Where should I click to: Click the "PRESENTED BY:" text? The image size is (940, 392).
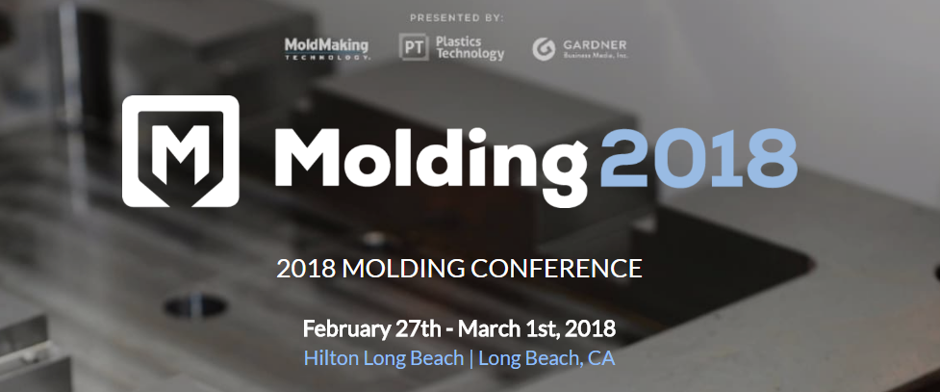[x=457, y=18]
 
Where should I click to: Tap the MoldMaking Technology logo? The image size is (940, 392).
[x=327, y=48]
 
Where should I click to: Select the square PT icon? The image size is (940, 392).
[x=414, y=47]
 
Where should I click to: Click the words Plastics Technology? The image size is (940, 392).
[x=470, y=47]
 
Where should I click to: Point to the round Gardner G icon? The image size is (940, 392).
[x=544, y=49]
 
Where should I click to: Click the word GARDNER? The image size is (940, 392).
[x=595, y=45]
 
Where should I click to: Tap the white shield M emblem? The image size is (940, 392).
[x=181, y=150]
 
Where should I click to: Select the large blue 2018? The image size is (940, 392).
[x=699, y=158]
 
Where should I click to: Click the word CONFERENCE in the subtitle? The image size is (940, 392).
[x=556, y=269]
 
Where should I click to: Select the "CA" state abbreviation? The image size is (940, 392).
[x=601, y=358]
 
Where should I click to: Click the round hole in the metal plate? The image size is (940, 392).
[x=195, y=306]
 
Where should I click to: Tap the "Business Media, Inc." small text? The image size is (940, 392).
[x=596, y=56]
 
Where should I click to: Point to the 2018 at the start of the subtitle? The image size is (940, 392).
[x=306, y=269]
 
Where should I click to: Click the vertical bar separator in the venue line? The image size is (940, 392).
[x=471, y=359]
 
